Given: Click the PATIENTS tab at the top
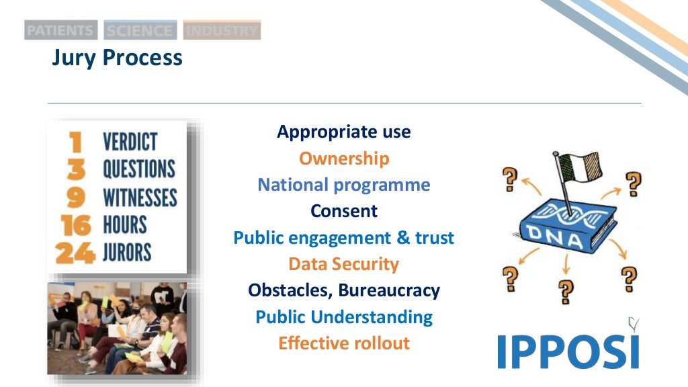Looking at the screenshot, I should point(60,30).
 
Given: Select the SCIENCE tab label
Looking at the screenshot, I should point(140,30).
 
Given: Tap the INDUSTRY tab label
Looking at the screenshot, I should point(222,30).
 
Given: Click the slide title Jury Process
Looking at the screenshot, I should point(117,58).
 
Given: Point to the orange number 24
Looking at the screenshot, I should point(75,253).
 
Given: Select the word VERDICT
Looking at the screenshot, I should point(130,142).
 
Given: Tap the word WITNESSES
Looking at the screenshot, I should point(140,198).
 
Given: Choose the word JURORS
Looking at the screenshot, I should point(127,253).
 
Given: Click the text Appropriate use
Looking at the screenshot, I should point(343,132).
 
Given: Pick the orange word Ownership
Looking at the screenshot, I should point(343,159).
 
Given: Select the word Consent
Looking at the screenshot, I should point(343,211).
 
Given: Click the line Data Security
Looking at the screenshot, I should point(343,264).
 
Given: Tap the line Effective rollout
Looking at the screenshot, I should point(343,343).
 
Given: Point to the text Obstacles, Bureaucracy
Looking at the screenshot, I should point(343,290).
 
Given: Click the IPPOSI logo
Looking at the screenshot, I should point(568,349).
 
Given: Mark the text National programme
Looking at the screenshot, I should point(343,185).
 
